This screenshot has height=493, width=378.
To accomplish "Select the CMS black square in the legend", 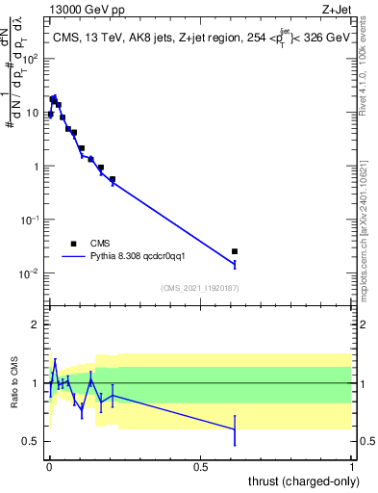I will [x=73, y=244].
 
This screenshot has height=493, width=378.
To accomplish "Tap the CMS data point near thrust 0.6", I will [x=235, y=251].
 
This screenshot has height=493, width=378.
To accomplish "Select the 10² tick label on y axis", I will [x=32, y=58].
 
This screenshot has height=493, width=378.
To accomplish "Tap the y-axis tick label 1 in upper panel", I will [x=38, y=166].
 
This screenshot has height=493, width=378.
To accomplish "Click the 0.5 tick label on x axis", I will [x=200, y=465].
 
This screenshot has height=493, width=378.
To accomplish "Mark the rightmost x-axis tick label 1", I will [x=352, y=465].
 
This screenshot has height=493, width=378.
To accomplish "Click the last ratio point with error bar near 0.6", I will [x=235, y=428].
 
